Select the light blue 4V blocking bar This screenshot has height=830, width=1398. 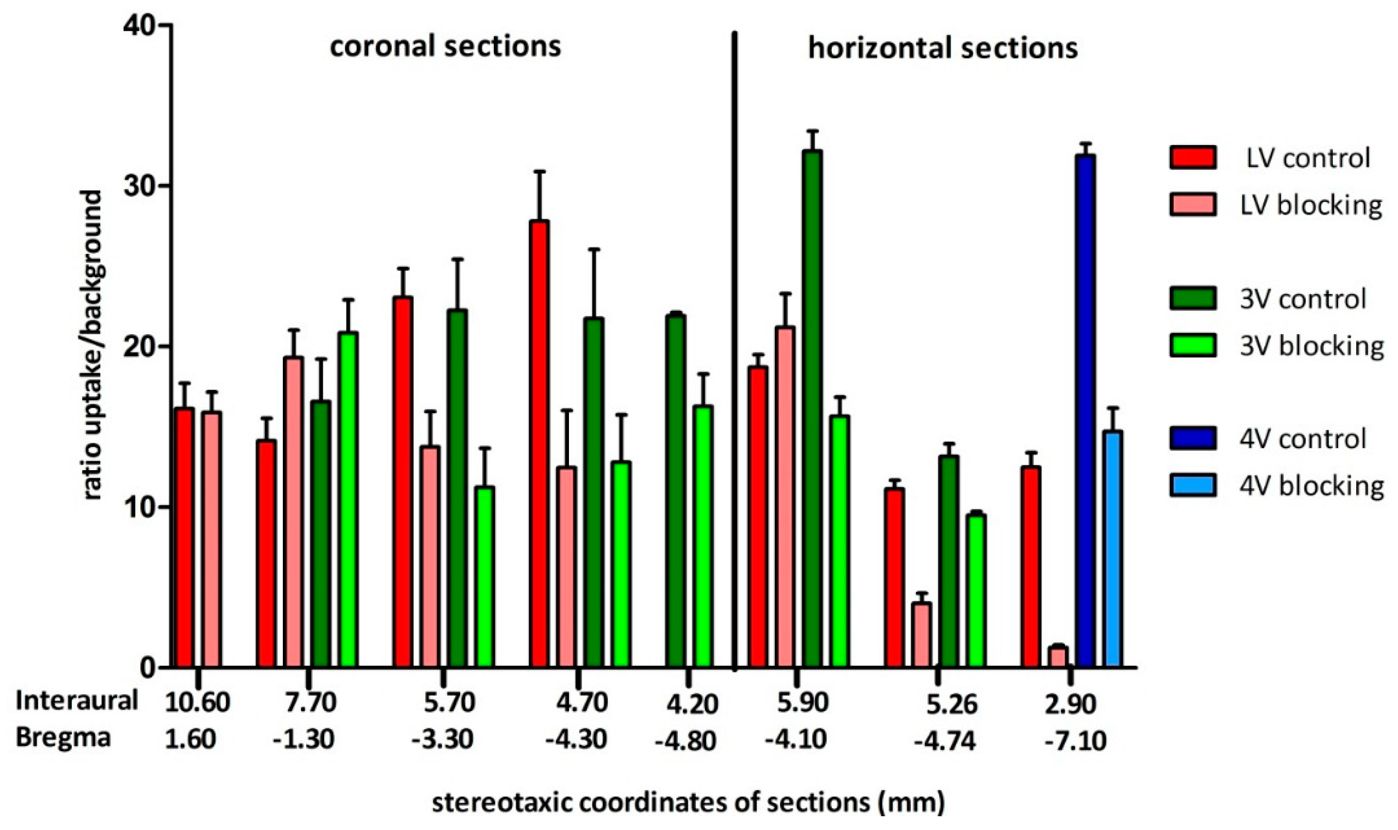(x=1113, y=549)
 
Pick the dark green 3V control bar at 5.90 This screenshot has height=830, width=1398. (x=812, y=409)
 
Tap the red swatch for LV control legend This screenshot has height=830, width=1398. (x=1192, y=158)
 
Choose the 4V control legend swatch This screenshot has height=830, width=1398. (x=1192, y=438)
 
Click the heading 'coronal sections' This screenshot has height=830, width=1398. (x=445, y=47)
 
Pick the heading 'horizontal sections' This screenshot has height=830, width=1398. (x=943, y=48)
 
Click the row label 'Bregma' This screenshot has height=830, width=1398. (x=63, y=738)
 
